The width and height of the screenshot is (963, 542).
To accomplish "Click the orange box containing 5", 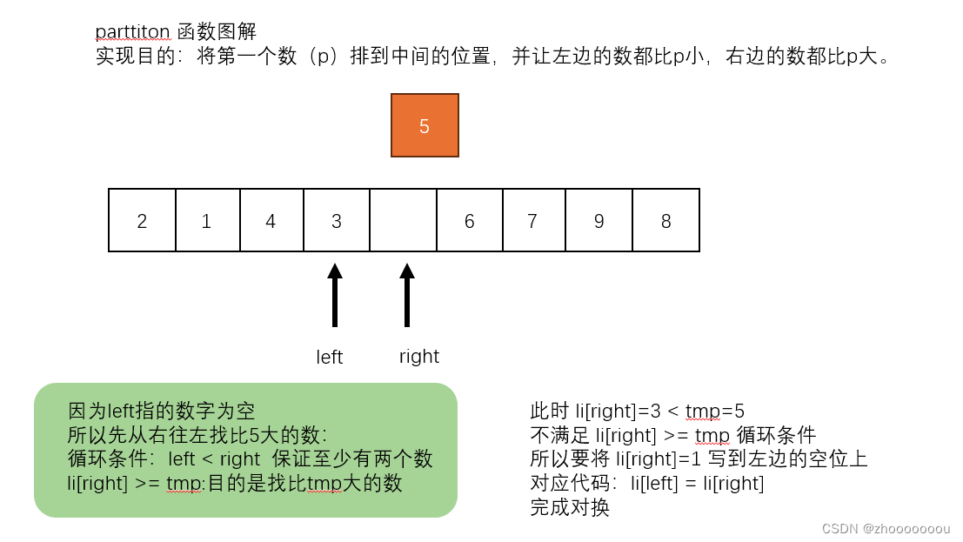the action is [x=425, y=125].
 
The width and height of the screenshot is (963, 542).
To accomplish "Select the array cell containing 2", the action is [x=142, y=220].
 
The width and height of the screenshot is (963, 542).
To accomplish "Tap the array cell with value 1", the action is [x=207, y=220].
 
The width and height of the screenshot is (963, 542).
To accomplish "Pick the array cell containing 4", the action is [x=271, y=220].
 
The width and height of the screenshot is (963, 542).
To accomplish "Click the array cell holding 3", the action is [x=337, y=220].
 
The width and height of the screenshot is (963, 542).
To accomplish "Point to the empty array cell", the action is [x=403, y=220].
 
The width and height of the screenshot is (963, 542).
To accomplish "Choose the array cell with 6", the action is [x=469, y=220].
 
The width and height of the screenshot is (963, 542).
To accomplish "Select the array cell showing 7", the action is [x=533, y=220].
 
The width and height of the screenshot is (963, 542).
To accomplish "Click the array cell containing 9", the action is [x=599, y=220].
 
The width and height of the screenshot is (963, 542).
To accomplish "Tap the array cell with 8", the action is [x=665, y=220].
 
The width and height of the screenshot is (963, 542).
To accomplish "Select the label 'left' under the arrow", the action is [x=330, y=358].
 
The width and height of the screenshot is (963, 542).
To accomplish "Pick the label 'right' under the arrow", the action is [x=419, y=357].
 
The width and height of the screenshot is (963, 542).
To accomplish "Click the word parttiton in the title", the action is [x=133, y=32].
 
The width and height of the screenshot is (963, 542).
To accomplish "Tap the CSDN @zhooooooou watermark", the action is [x=886, y=528].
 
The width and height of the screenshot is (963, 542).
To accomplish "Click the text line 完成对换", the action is [x=570, y=508].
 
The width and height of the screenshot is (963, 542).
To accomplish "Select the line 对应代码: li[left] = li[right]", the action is [x=647, y=484].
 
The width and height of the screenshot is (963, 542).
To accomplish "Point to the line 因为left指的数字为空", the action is [x=162, y=411].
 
